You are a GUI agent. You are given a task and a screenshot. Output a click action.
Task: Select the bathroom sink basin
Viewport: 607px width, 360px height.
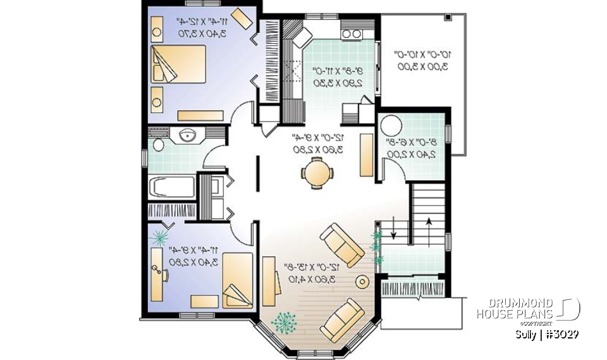point(188,135)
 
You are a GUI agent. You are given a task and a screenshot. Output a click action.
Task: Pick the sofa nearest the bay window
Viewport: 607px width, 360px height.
point(342,319)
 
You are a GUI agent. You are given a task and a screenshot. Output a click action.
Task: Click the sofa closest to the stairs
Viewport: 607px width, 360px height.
point(341,243)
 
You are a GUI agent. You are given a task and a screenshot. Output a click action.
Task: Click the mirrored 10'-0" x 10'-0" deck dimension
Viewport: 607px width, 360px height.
point(420,61)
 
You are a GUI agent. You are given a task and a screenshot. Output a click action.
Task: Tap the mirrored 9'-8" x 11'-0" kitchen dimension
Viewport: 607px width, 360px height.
point(335,77)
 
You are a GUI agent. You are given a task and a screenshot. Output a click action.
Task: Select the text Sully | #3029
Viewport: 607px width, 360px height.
point(547,334)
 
